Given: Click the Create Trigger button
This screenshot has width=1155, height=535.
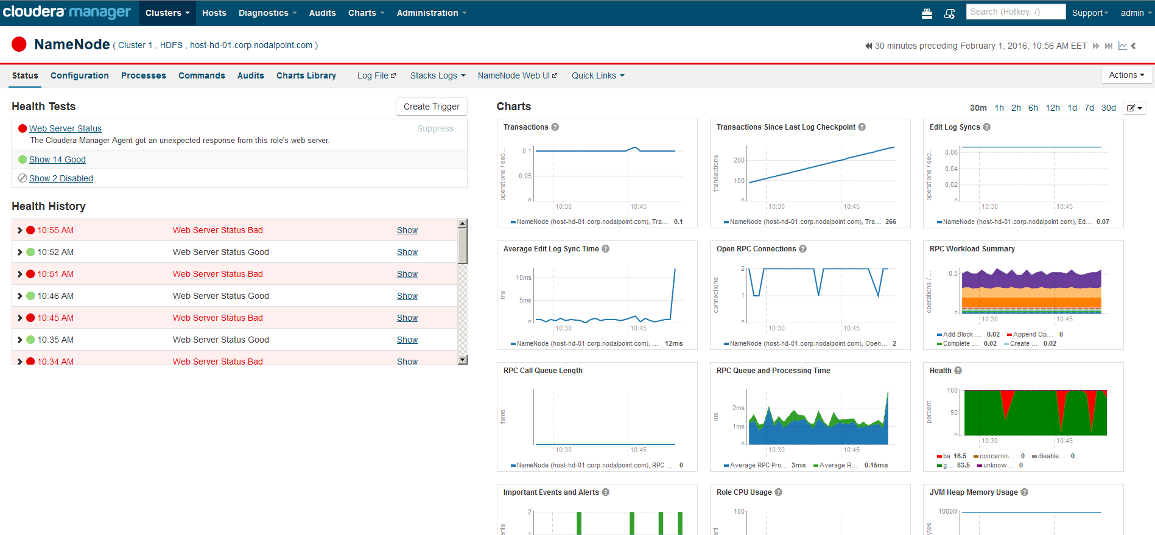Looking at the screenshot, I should [x=431, y=107].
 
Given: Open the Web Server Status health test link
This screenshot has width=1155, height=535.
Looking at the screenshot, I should [x=65, y=128].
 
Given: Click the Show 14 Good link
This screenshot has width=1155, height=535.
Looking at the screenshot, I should [x=57, y=159].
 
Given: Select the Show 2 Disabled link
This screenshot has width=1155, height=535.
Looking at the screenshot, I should [x=61, y=178].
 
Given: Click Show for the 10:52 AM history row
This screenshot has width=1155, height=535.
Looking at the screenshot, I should [x=407, y=252].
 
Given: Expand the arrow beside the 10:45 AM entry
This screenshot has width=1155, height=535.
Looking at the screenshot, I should [x=19, y=318].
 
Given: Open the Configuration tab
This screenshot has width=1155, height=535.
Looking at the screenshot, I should [x=79, y=75].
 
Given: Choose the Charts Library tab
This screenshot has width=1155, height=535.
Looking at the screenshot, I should [x=306, y=75].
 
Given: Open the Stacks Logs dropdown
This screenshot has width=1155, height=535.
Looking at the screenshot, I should [x=437, y=75].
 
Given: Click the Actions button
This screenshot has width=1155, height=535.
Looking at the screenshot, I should [x=1126, y=75].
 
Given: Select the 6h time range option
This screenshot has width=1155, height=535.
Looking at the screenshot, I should [x=1033, y=108].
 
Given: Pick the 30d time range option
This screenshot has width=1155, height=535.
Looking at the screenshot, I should [x=1108, y=108].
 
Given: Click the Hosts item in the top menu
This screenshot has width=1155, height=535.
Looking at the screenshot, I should [x=214, y=13].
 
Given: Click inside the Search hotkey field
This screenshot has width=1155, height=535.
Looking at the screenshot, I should [x=1015, y=12].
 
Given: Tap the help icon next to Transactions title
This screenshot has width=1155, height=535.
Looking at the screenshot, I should [x=555, y=127].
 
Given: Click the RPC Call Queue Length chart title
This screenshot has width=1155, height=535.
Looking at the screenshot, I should [x=542, y=371].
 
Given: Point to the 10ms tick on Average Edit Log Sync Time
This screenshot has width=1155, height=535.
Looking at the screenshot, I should [x=524, y=278].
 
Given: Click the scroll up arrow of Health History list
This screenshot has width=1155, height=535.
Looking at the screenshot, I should [x=462, y=223].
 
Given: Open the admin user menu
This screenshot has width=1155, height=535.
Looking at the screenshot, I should [x=1134, y=13].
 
